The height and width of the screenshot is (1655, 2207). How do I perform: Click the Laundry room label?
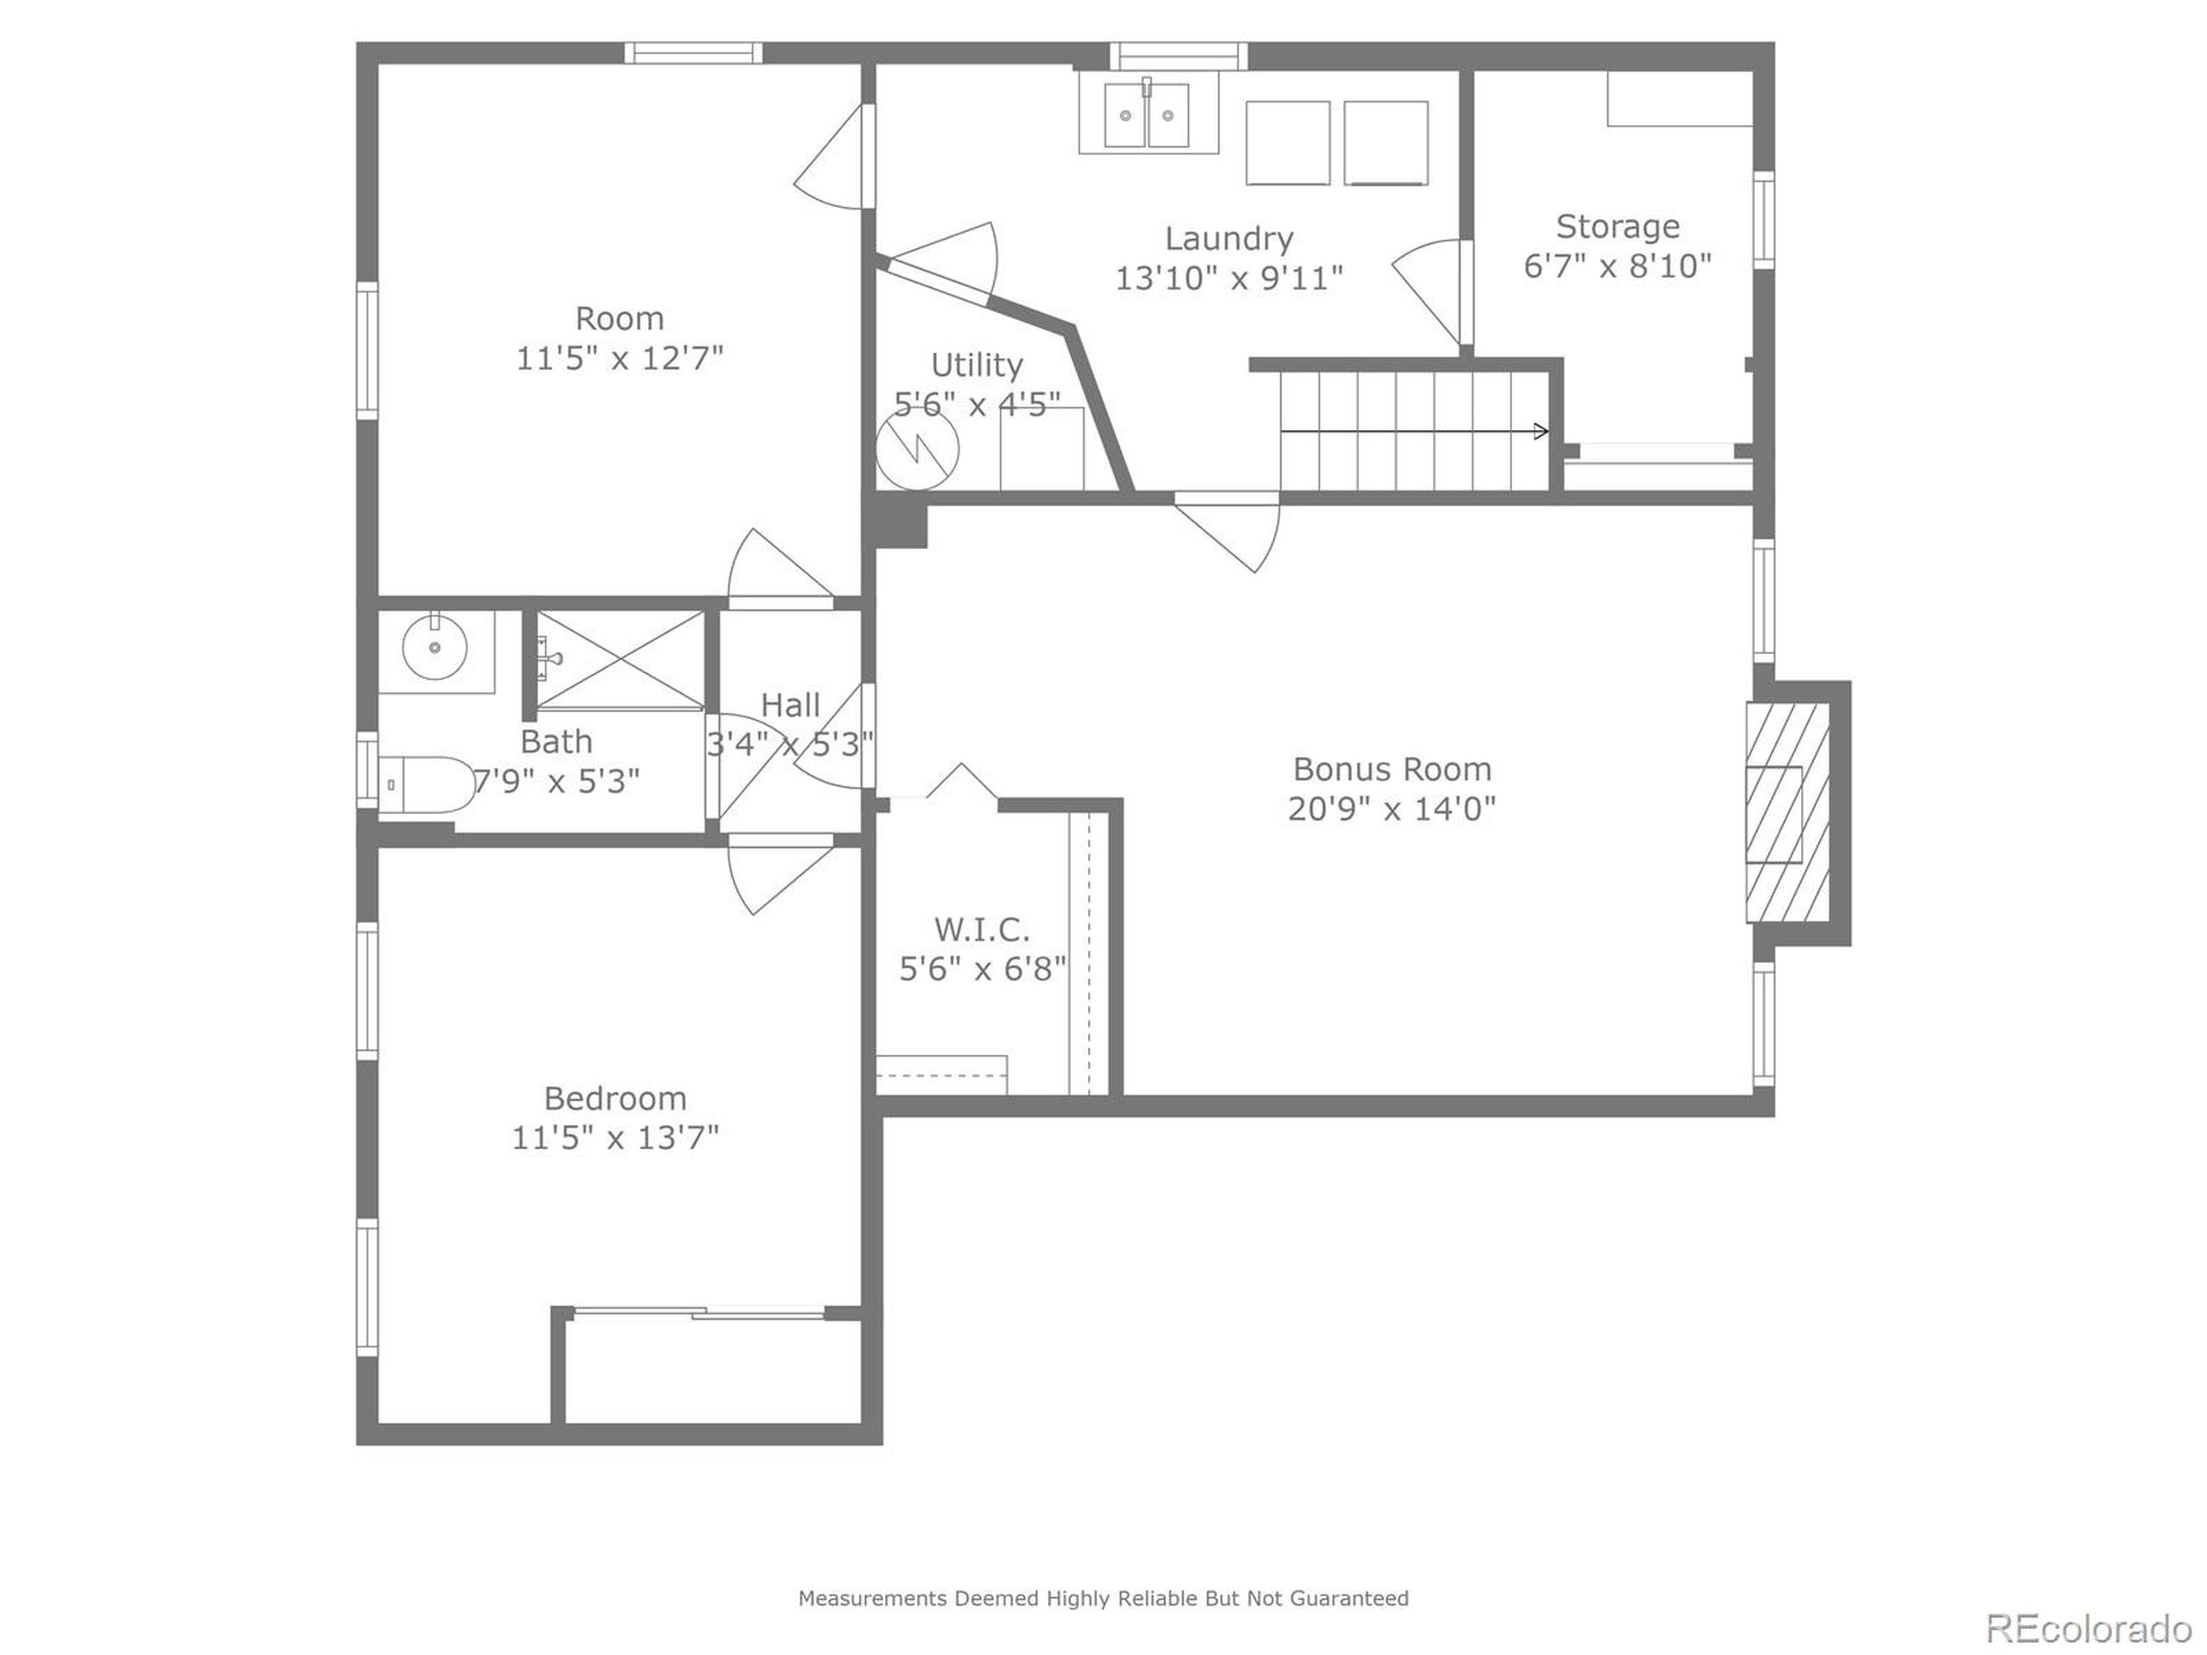pos(1229,239)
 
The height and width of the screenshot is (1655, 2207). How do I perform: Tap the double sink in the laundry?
pos(1147,116)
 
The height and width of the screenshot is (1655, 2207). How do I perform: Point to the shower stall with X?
pos(620,659)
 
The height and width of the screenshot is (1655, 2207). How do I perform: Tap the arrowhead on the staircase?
pos(1541,431)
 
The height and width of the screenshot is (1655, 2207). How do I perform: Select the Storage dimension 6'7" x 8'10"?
pos(1616,266)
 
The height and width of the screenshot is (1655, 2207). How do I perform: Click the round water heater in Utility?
pos(917,449)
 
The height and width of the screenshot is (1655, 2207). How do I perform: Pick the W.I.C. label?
pos(982,930)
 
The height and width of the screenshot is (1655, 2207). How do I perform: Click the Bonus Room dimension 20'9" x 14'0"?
pos(1391,808)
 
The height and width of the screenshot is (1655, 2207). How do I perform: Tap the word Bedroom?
pos(615,1098)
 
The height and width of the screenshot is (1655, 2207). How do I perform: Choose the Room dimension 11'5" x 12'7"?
pos(619,358)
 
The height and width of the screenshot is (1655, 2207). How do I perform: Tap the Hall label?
pos(791,705)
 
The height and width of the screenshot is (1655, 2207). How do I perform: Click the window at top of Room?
pos(693,53)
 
